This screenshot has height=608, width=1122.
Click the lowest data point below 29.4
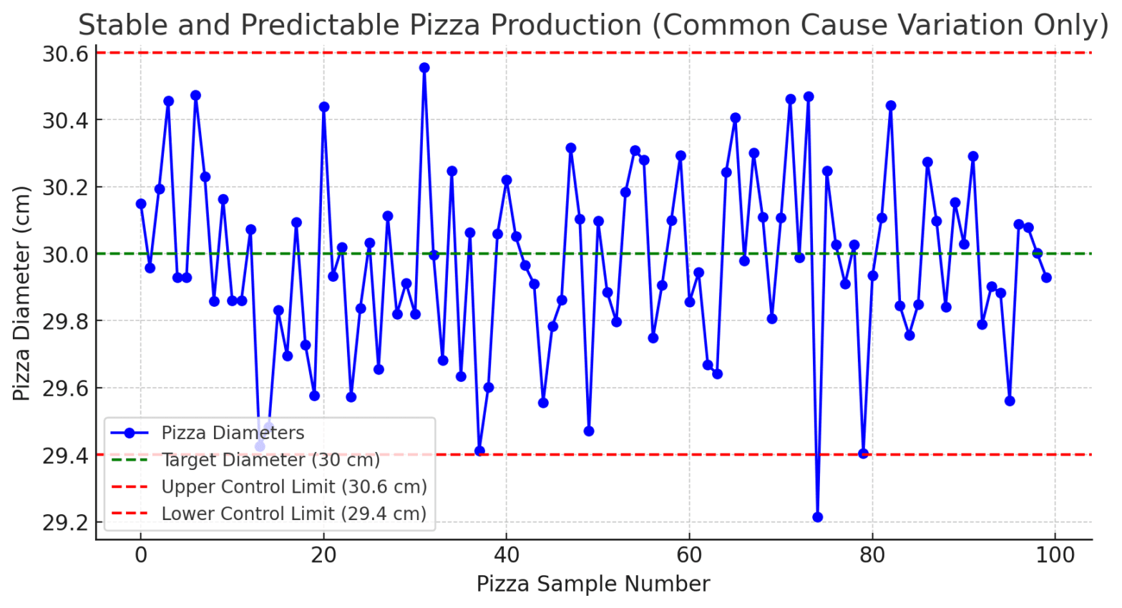tap(817, 517)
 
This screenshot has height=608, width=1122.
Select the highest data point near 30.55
tap(424, 68)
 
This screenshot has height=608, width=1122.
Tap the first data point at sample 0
tap(141, 204)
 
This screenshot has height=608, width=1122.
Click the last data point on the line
tap(1046, 278)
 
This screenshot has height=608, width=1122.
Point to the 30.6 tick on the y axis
tap(65, 54)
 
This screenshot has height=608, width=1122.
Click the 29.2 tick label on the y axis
tap(65, 523)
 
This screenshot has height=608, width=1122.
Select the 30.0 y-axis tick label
tap(65, 255)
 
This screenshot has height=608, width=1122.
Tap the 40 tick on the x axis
tap(507, 555)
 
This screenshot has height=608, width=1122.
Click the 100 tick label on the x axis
tap(1055, 555)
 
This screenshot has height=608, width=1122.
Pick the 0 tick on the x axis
tap(141, 555)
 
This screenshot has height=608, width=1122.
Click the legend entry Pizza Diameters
tap(233, 433)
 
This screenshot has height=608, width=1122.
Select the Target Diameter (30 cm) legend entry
tap(270, 460)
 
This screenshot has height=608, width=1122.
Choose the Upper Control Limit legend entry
tap(293, 487)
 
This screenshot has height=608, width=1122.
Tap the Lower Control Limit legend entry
tap(293, 514)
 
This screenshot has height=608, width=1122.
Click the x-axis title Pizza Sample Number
tap(593, 584)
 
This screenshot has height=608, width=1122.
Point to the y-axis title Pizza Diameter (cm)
tap(21, 293)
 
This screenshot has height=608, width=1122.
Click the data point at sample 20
tap(323, 107)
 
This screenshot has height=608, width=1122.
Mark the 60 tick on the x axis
tap(689, 555)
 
